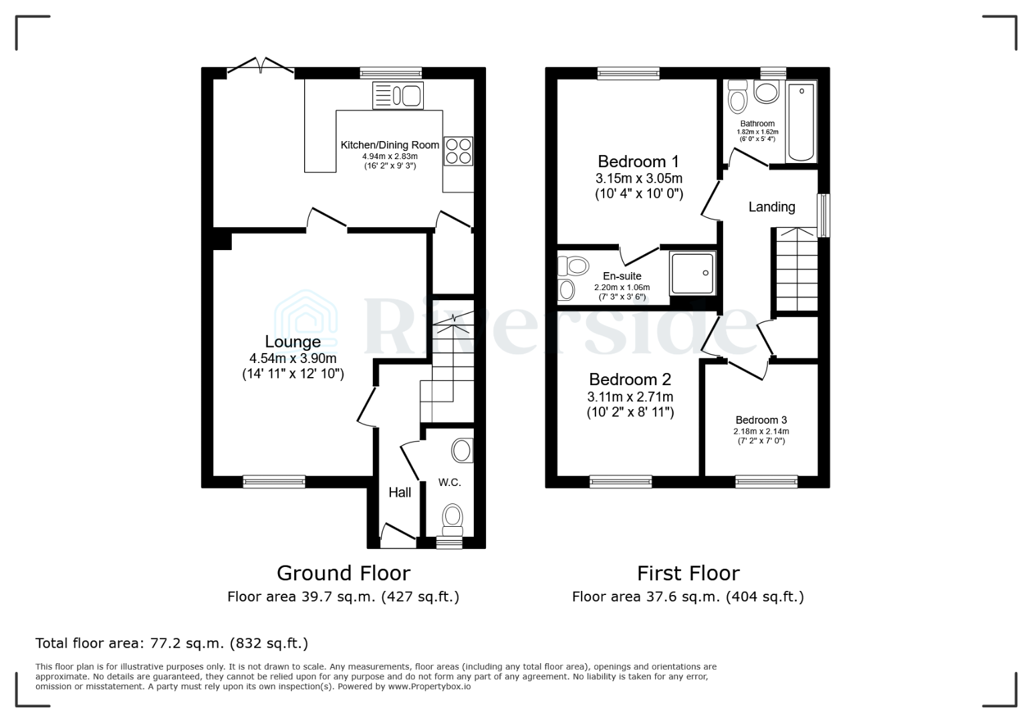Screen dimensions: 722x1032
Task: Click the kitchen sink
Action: [398, 95]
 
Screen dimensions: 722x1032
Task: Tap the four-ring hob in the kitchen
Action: [458, 150]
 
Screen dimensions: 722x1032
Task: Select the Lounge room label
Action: [293, 342]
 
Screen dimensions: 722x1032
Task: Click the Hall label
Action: [400, 493]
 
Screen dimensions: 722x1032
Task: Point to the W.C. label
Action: [450, 482]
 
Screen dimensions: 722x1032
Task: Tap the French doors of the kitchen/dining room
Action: [261, 67]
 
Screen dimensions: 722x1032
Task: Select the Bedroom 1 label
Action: [638, 161]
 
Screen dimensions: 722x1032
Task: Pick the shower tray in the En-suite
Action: [692, 273]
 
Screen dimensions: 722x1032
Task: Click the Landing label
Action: [771, 207]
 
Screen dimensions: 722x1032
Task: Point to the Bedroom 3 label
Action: [761, 420]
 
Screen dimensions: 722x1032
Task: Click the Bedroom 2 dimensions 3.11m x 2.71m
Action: [630, 396]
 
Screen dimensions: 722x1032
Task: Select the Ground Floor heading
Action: [343, 573]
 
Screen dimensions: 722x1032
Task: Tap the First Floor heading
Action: [688, 573]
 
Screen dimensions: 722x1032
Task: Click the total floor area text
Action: [172, 643]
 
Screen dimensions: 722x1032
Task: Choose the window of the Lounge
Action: [274, 481]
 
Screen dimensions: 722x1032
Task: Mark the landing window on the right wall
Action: [824, 215]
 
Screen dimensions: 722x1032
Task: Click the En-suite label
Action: [622, 276]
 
